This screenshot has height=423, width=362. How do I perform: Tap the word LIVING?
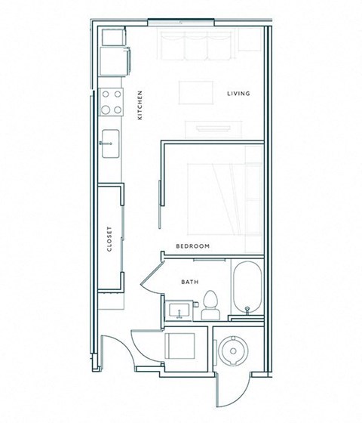tap(238, 94)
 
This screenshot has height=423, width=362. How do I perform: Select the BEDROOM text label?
tap(192, 247)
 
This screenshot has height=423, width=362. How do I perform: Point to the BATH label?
tap(189, 283)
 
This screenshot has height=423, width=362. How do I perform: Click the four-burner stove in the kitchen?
tap(112, 101)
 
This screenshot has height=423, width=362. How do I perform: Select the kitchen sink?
tap(110, 140)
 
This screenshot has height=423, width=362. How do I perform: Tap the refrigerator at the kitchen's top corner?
tap(113, 45)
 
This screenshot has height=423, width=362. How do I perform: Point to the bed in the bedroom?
tap(226, 189)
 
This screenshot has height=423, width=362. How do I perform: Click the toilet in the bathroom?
tap(211, 302)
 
